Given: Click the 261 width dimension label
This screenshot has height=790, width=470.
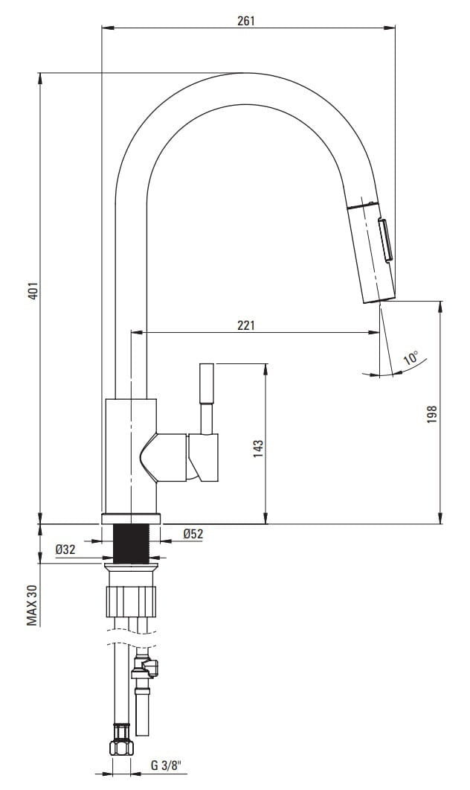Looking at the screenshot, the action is tap(246, 21).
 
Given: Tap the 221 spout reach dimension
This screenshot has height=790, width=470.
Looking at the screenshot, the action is tap(246, 325).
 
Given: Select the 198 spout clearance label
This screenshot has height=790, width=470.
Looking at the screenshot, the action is tap(432, 414).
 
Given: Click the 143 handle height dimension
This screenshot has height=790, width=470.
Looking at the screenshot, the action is tap(258, 449).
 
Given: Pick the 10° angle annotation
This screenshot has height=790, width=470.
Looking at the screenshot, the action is tap(411, 358).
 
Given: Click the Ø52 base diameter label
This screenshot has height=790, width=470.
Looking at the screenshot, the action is tap(193, 534).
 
